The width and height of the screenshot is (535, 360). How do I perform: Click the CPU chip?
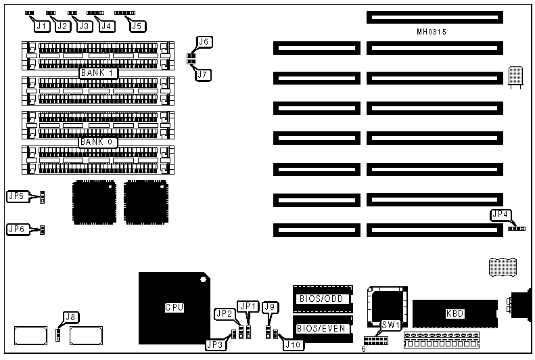(174, 308)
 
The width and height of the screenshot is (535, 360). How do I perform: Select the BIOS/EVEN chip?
(321, 328)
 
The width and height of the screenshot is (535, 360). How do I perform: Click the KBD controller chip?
(450, 313)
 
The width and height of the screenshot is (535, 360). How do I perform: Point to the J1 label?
(42, 26)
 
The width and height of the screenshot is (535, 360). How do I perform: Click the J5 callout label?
(137, 26)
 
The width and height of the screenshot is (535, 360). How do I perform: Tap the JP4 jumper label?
(501, 215)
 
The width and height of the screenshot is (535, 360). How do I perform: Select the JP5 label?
(16, 196)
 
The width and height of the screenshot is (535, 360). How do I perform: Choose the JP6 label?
(16, 229)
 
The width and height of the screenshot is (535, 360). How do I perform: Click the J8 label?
(70, 315)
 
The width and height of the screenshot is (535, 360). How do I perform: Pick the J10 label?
(293, 345)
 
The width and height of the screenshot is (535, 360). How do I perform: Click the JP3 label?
(215, 344)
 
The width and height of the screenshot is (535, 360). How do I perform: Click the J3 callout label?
(84, 26)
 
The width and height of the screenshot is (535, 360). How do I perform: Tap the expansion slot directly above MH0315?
(436, 16)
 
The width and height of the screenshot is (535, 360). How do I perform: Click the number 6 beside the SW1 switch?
(363, 349)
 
